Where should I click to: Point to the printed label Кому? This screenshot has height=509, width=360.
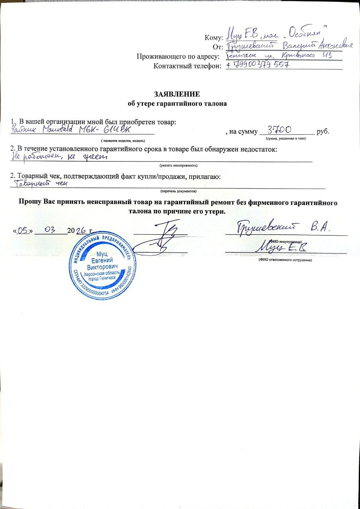tap(212, 38)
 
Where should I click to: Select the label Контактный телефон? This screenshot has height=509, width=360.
tap(187, 66)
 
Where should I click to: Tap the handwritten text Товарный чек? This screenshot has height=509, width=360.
tap(40, 184)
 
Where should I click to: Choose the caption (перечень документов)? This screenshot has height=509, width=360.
tap(178, 191)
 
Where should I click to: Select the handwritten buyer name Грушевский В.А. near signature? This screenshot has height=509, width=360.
tap(284, 229)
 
